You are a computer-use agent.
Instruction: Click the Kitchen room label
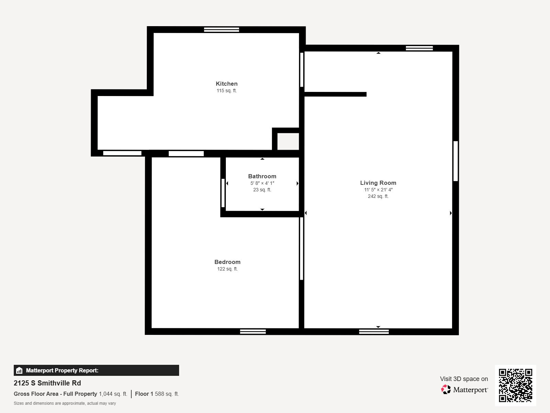(x=227, y=84)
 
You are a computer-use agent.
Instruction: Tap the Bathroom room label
(x=262, y=176)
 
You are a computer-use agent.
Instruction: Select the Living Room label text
(x=378, y=183)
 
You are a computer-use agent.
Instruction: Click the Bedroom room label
(x=227, y=262)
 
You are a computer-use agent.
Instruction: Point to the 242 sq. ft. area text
(x=378, y=196)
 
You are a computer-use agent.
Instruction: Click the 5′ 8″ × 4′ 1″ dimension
(x=262, y=183)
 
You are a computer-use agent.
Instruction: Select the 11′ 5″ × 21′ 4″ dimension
(x=378, y=190)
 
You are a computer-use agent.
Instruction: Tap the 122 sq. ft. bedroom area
(x=227, y=269)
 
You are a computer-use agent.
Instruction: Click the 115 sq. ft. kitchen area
(x=227, y=91)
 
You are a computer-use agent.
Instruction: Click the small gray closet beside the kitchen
(x=288, y=141)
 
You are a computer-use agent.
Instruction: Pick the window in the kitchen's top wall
(x=221, y=30)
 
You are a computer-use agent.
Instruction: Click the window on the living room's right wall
(x=455, y=161)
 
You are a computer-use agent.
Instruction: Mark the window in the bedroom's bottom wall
(x=253, y=331)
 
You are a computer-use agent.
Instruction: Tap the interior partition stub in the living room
(x=335, y=94)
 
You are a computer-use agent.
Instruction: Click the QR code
(x=515, y=385)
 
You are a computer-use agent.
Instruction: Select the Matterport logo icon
(x=446, y=390)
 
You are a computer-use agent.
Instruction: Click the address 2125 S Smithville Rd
(x=47, y=383)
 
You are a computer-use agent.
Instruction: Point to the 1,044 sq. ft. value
(x=113, y=394)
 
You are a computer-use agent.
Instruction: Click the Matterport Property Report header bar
(x=96, y=370)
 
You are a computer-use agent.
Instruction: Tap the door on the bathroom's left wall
(x=223, y=193)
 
